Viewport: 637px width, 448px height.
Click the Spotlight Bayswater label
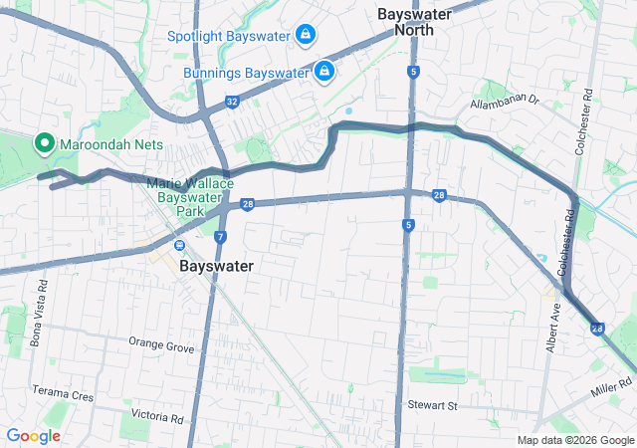[x=228, y=36]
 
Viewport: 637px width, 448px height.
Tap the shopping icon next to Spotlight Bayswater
[x=306, y=36]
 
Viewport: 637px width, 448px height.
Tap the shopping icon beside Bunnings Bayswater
[x=323, y=72]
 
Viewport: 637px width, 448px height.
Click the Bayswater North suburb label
[x=414, y=22]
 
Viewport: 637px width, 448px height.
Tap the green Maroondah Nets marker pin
[x=45, y=143]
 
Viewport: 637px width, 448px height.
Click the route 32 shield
[x=231, y=102]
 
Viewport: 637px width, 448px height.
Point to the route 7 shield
[x=220, y=237]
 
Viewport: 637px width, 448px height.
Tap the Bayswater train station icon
[x=179, y=246]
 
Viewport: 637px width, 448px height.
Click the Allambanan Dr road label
[x=504, y=102]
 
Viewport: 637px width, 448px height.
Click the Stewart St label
[x=431, y=405]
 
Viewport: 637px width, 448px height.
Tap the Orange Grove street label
[x=160, y=343]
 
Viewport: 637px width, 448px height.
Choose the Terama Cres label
[x=62, y=394]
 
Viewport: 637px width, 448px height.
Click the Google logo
[x=34, y=435]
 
